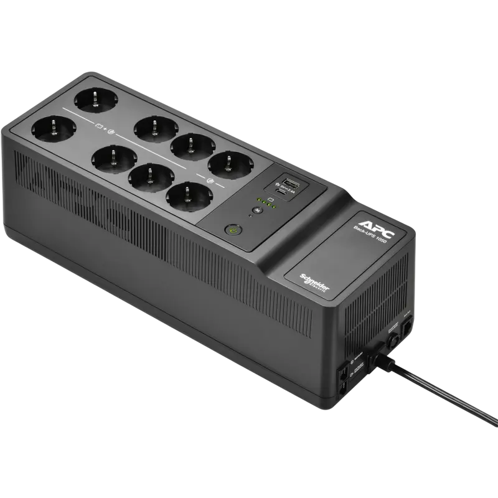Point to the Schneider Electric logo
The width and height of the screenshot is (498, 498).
[x=316, y=282]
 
